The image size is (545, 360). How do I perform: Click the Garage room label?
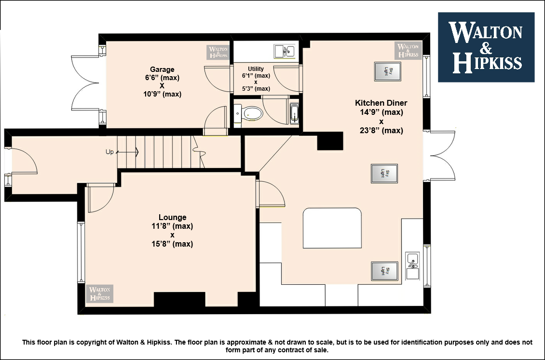[162, 69]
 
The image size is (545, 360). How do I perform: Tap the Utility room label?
[256, 69]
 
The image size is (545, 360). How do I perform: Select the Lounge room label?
[172, 217]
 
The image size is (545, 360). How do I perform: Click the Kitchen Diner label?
[381, 103]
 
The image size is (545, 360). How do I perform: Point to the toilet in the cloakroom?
[253, 113]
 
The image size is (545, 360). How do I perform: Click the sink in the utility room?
[285, 52]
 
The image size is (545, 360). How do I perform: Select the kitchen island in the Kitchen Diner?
[332, 228]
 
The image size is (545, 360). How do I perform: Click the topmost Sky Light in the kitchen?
[388, 71]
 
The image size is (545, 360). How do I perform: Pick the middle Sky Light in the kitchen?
[384, 173]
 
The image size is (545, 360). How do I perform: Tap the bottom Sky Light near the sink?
[384, 271]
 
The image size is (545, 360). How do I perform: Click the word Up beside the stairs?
[109, 152]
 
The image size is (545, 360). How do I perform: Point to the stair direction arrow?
[127, 152]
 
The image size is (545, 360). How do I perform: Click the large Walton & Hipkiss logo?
[486, 47]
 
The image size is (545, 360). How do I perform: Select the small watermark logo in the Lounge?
[100, 293]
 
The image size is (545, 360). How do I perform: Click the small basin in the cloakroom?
[238, 113]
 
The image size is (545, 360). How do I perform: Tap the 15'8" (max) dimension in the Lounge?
[172, 244]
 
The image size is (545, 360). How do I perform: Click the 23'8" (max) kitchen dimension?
[381, 130]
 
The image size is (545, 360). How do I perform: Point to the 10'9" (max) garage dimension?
[163, 94]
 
